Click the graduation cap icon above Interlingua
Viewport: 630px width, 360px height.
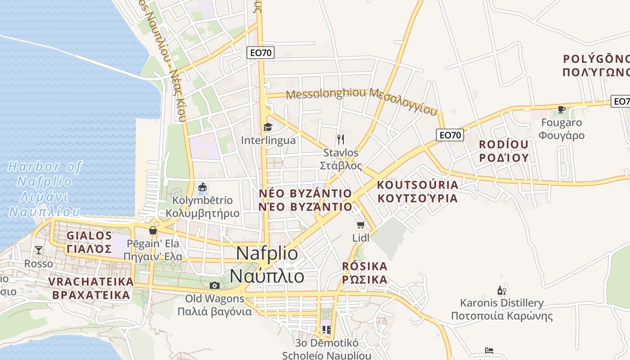[x=268, y=127]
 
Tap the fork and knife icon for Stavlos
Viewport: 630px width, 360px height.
[x=341, y=139]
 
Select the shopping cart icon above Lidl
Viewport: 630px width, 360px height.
[x=360, y=225]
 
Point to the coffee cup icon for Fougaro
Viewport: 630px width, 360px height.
[x=561, y=109]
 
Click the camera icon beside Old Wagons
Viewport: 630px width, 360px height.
[x=215, y=285]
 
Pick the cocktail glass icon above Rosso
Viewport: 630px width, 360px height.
[x=39, y=250]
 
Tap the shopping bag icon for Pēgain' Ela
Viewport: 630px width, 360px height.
[x=153, y=231]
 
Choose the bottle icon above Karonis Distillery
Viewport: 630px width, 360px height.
[x=501, y=291]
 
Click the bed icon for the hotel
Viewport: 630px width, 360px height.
[x=489, y=350]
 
